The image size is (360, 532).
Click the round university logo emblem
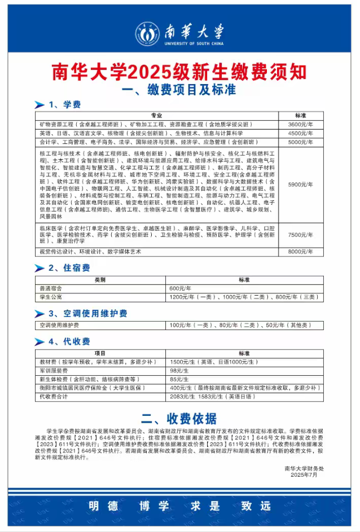pyautogui.click(x=147, y=34)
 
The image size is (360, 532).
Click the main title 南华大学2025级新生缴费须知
pyautogui.click(x=179, y=72)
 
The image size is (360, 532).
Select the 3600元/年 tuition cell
pyautogui.click(x=300, y=124)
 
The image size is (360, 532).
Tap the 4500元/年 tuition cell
pyautogui.click(x=300, y=133)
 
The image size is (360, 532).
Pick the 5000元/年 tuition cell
pyautogui.click(x=300, y=142)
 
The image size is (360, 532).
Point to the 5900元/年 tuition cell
pyautogui.click(x=300, y=184)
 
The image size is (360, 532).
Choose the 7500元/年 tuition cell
pyautogui.click(x=300, y=235)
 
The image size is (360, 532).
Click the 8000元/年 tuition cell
pyautogui.click(x=300, y=252)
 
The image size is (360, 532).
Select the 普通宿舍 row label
pyautogui.click(x=51, y=288)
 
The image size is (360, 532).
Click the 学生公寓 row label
pyautogui.click(x=51, y=297)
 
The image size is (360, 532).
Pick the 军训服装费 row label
pyautogui.click(x=54, y=370)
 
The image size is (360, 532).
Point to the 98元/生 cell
pyautogui.click(x=179, y=370)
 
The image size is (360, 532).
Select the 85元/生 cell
pyautogui.click(x=179, y=379)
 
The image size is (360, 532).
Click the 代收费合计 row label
pyautogui.click(x=54, y=397)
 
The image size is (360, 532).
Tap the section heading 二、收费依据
pyautogui.click(x=179, y=418)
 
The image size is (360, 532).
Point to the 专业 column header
pyautogui.click(x=156, y=115)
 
